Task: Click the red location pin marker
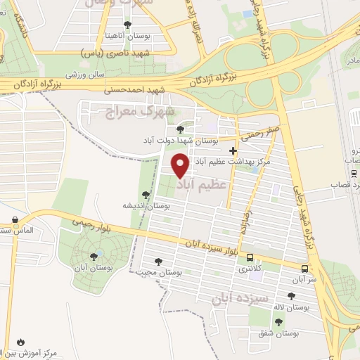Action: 181,165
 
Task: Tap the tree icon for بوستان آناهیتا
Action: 127,25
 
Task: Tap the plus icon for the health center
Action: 253,150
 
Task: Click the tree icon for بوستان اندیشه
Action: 146,195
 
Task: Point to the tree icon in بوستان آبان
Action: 94,256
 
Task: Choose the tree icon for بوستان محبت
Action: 167,262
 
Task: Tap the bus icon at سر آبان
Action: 304,268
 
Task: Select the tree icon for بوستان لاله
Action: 291,296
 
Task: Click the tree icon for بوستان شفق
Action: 279,322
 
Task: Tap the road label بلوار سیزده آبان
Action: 212,247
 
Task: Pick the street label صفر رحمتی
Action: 255,132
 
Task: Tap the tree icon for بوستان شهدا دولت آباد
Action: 181,129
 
